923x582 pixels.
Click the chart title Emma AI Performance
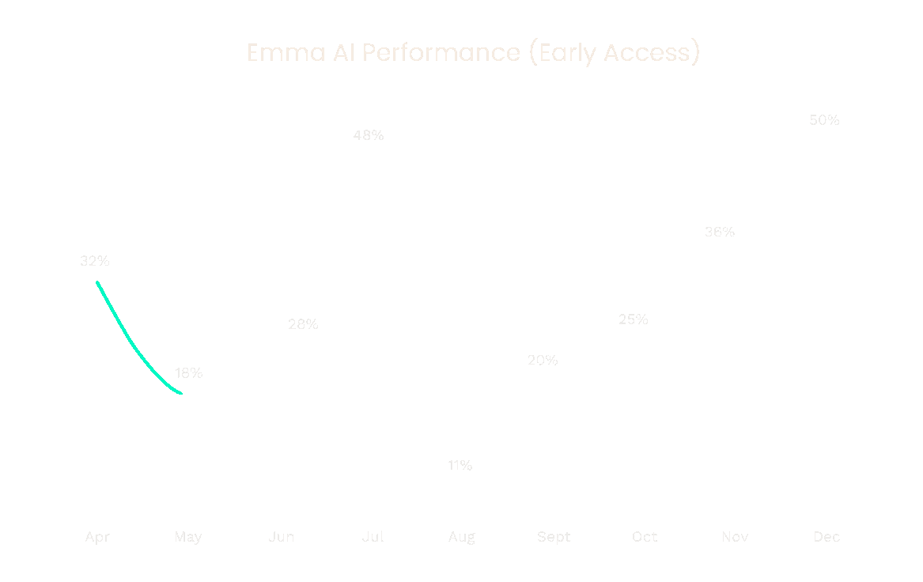click(473, 53)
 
